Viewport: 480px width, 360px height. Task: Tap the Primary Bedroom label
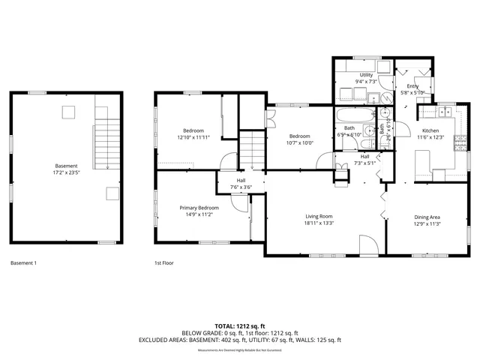coord(199,207)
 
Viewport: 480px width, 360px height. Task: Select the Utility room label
coord(366,75)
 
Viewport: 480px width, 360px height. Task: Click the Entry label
coord(412,86)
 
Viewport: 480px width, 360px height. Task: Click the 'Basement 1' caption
coord(23,263)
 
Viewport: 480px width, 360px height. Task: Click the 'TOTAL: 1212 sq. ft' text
coord(240,325)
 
